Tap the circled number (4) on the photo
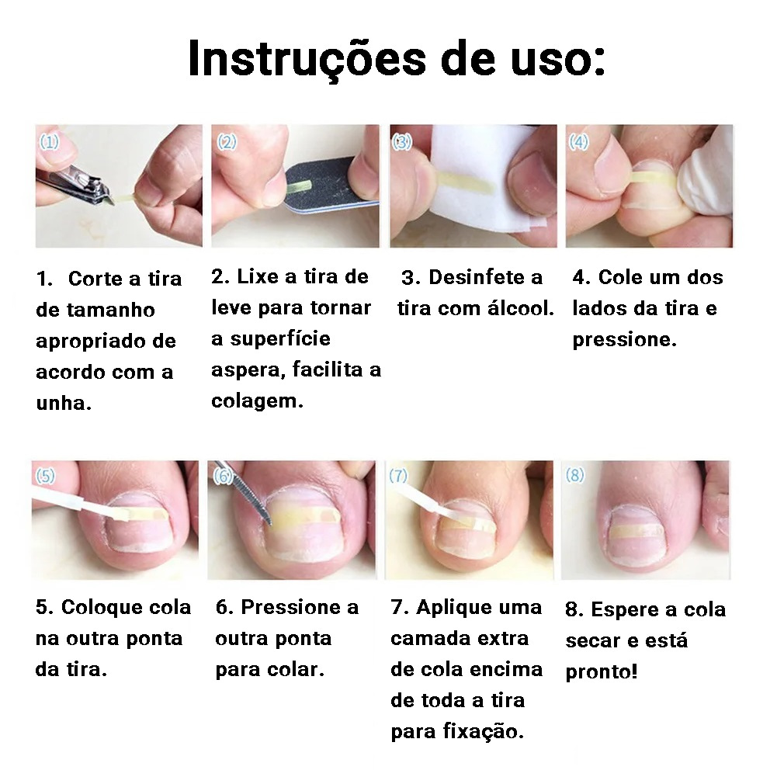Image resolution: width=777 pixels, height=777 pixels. tap(578, 142)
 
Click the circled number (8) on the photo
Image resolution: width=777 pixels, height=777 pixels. tap(575, 475)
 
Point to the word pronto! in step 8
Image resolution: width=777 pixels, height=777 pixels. tap(601, 672)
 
